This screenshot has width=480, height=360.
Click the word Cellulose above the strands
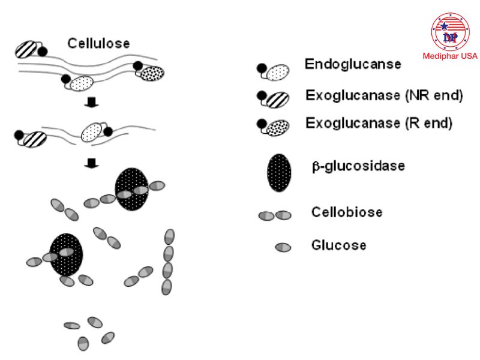(98, 43)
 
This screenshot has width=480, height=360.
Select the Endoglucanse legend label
(353, 65)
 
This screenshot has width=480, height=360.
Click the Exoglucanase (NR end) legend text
(384, 95)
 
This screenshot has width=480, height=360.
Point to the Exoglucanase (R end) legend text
(379, 124)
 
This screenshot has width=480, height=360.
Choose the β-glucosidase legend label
(358, 166)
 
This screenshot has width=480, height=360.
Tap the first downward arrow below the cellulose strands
(92, 103)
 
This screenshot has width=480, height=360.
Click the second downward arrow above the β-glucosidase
(92, 162)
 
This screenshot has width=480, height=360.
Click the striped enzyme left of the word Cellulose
(26, 49)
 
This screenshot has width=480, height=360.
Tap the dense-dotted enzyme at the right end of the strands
(152, 73)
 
